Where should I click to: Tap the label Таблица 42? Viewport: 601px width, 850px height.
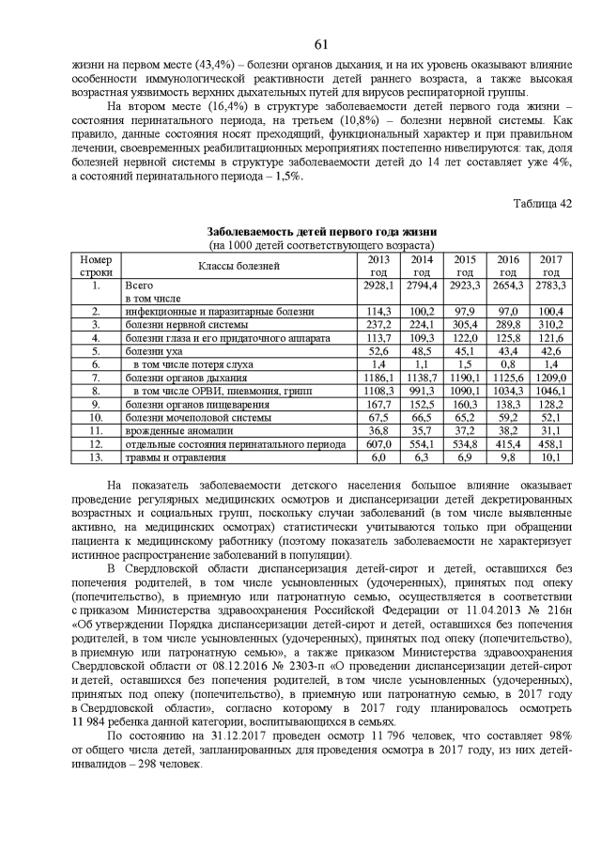[542, 203]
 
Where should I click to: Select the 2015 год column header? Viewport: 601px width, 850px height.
[464, 265]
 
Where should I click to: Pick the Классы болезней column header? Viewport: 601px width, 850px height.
[238, 265]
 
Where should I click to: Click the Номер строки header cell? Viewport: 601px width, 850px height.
[96, 265]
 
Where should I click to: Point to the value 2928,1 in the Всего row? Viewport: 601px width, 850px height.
[378, 284]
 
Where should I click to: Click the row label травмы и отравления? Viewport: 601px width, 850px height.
[176, 457]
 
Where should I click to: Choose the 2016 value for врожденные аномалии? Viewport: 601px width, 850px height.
[507, 430]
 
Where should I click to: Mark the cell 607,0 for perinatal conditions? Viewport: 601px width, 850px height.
[378, 443]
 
